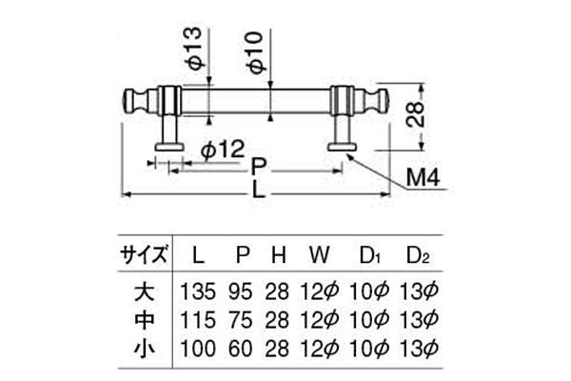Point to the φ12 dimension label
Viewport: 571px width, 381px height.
[224, 149]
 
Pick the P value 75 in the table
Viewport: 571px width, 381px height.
[243, 317]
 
